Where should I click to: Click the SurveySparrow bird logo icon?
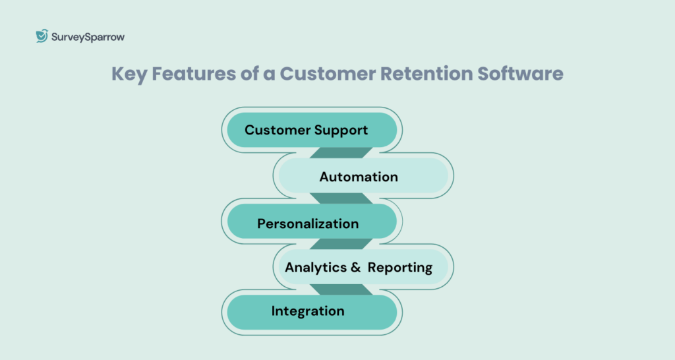click(x=42, y=36)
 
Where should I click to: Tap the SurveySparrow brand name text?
click(x=88, y=37)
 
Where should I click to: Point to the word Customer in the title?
click(x=326, y=74)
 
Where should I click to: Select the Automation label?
click(x=359, y=177)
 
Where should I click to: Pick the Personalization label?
click(x=308, y=224)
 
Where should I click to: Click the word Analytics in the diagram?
click(x=316, y=267)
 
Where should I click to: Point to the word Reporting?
click(x=400, y=267)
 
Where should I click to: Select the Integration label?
click(x=308, y=311)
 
